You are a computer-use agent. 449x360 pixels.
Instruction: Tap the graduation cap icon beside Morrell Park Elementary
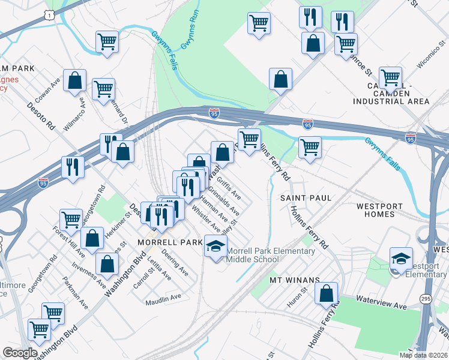[x=216, y=246]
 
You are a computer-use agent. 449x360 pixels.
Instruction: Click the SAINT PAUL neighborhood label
[x=306, y=197]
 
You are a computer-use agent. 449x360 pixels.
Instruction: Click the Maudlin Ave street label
[x=163, y=297]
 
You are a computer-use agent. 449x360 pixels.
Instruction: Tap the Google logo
[x=19, y=352]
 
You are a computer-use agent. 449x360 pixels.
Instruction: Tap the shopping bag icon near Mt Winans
[x=326, y=293]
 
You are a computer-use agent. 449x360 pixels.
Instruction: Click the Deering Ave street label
[x=175, y=264]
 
